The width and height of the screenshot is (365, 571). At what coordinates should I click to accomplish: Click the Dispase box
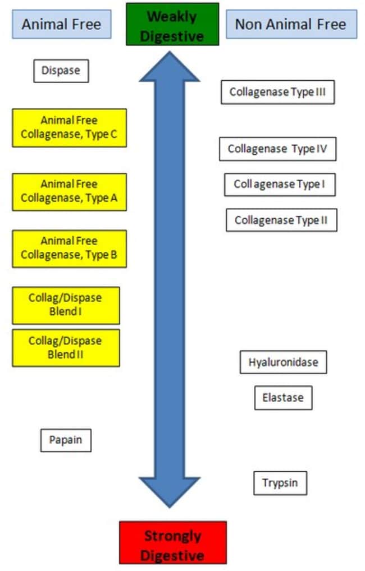tap(61, 71)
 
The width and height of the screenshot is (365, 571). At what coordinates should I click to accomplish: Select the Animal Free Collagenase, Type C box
tap(69, 128)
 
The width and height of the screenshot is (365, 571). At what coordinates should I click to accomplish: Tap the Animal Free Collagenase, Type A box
tap(69, 192)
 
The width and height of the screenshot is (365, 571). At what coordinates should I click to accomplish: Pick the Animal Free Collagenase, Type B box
tap(69, 248)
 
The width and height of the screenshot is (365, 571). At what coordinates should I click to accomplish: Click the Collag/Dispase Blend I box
tap(66, 306)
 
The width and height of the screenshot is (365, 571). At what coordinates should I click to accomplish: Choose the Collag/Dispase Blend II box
tap(66, 348)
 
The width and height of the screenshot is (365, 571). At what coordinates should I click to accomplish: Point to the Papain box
tap(66, 440)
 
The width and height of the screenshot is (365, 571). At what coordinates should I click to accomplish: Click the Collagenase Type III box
tap(278, 92)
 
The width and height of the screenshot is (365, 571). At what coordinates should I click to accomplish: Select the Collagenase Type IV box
tap(278, 149)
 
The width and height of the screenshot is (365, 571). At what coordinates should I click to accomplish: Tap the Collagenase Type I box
tap(280, 185)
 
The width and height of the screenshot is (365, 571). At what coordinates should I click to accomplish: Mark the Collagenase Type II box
tap(281, 220)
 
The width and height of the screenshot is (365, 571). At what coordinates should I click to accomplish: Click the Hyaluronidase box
tap(284, 362)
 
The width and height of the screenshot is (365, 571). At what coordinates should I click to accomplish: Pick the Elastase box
tap(284, 398)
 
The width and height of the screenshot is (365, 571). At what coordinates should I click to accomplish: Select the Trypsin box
tap(280, 483)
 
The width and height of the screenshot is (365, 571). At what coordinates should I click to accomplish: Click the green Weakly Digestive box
tap(172, 24)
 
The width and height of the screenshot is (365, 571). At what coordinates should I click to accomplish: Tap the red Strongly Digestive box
tap(173, 542)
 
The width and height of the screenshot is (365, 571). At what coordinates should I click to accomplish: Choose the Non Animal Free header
tap(291, 24)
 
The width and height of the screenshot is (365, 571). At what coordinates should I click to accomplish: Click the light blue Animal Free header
tap(62, 24)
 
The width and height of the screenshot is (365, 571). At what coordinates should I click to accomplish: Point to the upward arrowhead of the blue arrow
tap(170, 67)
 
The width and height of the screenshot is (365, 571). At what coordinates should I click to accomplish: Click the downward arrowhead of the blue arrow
tap(170, 492)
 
